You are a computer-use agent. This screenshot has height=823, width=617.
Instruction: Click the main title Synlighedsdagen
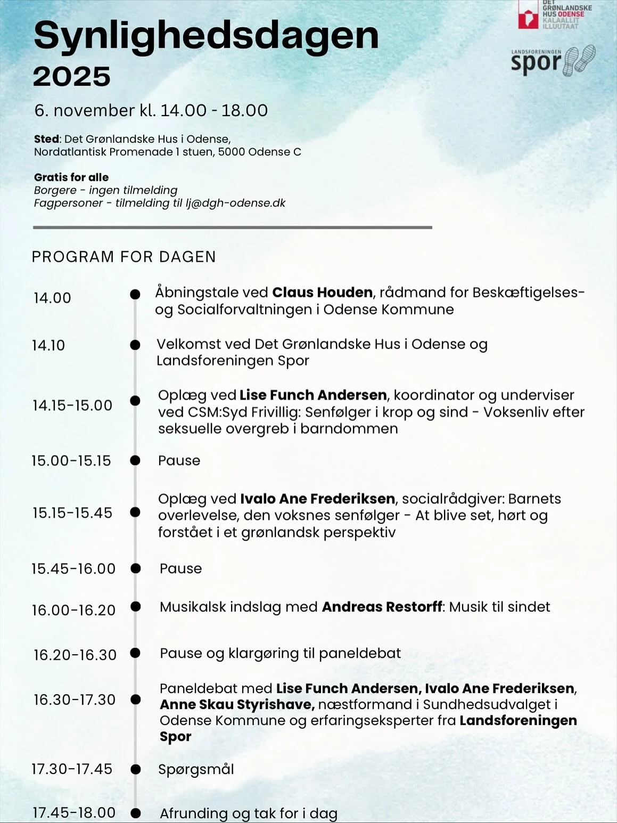click(x=206, y=36)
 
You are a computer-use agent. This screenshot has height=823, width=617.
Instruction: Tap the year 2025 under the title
click(x=72, y=77)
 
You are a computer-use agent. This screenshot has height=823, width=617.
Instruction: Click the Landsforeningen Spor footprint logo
click(x=553, y=60)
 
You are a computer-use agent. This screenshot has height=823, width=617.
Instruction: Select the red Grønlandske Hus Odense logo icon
click(x=528, y=15)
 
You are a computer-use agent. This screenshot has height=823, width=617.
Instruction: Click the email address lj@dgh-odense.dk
click(x=235, y=203)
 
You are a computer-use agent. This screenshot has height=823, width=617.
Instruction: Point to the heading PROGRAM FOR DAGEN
click(x=124, y=257)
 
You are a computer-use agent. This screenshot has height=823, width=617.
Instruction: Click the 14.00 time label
click(x=52, y=298)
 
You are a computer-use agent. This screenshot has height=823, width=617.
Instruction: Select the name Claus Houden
click(x=322, y=292)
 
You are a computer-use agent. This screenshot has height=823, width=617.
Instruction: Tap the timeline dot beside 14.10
click(x=135, y=345)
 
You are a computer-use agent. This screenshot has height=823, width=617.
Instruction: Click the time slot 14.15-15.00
click(x=72, y=405)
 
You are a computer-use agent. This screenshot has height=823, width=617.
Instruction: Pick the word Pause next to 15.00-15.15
click(x=179, y=460)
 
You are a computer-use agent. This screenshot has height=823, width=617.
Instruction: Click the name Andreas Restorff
click(x=382, y=607)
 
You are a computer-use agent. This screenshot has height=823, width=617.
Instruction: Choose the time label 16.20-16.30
click(x=75, y=655)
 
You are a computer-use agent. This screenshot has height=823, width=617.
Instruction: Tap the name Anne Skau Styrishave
click(x=237, y=704)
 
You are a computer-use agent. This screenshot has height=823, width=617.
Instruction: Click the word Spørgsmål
click(x=196, y=769)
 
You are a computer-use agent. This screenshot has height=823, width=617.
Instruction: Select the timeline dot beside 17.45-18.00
click(x=136, y=813)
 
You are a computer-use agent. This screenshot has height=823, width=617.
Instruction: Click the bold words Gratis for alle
click(x=71, y=177)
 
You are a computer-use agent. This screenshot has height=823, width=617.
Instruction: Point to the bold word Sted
click(x=46, y=139)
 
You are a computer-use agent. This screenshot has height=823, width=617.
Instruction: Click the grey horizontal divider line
click(x=232, y=227)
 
